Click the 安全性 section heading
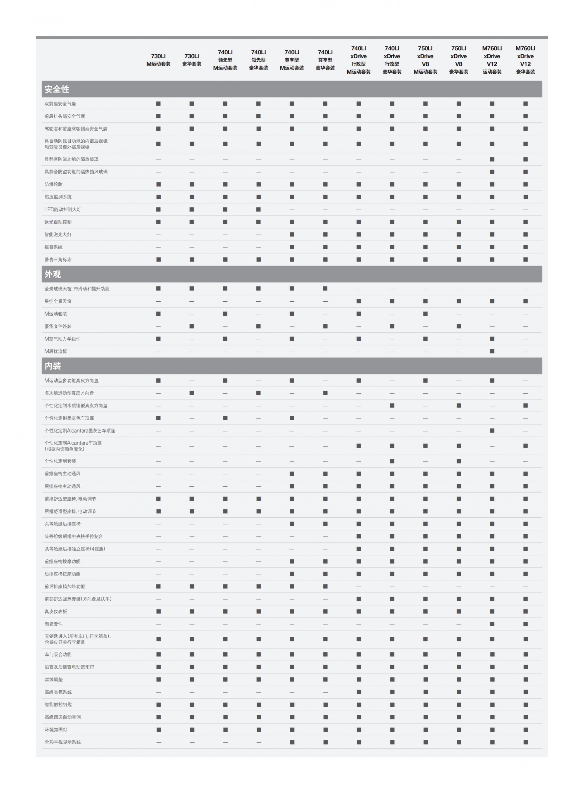[57, 89]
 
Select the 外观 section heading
[53, 274]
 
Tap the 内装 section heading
[53, 366]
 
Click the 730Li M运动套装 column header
[158, 60]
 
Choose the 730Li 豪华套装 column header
[192, 60]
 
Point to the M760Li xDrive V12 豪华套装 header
[525, 60]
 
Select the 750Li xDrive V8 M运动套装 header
[425, 60]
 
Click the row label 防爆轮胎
[53, 184]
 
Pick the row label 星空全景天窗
[58, 301]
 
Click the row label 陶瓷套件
[53, 624]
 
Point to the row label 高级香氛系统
[58, 692]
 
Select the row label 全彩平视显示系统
[62, 742]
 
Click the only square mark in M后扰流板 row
[492, 351]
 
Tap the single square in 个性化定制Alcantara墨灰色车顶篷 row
[492, 431]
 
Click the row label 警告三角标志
[58, 260]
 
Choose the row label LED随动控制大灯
[62, 210]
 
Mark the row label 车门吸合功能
[58, 655]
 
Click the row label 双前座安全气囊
[60, 104]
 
